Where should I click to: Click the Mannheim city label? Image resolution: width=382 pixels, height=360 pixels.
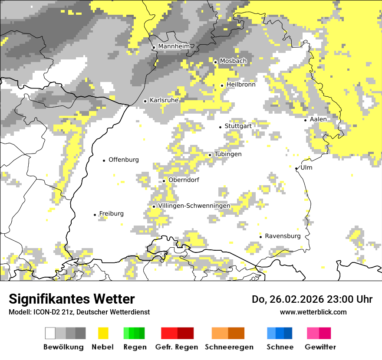174,46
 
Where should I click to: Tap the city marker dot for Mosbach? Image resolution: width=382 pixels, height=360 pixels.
215,62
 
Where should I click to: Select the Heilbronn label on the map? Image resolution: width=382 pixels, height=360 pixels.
240,85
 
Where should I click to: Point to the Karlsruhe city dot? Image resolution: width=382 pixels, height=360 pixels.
145,101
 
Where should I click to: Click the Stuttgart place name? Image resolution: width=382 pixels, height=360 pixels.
238,126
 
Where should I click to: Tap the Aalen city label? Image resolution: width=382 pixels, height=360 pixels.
318,119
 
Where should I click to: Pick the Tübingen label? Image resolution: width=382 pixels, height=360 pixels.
228,154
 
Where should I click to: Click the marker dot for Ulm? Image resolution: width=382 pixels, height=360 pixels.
296,168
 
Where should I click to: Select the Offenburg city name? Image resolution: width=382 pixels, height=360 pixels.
123,160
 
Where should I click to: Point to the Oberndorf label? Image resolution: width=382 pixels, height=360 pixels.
184,180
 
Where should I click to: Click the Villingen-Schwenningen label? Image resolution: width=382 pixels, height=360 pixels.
194,206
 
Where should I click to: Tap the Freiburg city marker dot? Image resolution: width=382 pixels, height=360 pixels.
95,215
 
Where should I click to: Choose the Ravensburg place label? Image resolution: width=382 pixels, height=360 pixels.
283,236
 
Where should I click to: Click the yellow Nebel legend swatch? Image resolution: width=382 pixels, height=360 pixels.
103,333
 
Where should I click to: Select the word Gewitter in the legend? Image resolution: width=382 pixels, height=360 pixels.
320,347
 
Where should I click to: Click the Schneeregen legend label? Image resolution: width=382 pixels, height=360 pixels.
229,347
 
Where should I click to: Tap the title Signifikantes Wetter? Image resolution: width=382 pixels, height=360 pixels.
72,299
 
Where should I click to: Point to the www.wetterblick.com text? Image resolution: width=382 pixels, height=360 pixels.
313,312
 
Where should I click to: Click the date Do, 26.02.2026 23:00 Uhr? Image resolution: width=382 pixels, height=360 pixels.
312,299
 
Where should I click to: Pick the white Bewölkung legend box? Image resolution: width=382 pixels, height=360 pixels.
50,333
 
